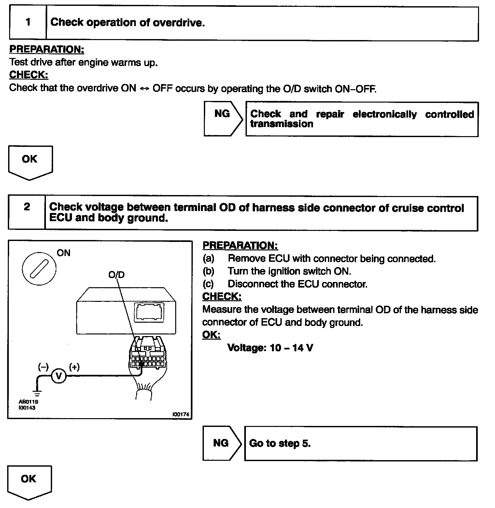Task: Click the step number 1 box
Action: click(x=28, y=23)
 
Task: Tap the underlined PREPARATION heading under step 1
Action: click(x=47, y=49)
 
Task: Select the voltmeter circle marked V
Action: click(x=59, y=376)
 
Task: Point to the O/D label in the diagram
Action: click(x=116, y=275)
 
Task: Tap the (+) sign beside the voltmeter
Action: click(x=74, y=367)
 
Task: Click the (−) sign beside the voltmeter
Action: click(x=43, y=367)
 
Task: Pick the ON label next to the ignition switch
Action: click(x=64, y=253)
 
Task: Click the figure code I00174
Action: click(x=181, y=415)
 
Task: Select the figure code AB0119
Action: click(x=28, y=402)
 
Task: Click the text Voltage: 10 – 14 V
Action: click(x=270, y=348)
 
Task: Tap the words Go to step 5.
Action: click(x=280, y=444)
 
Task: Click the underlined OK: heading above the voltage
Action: click(x=211, y=335)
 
